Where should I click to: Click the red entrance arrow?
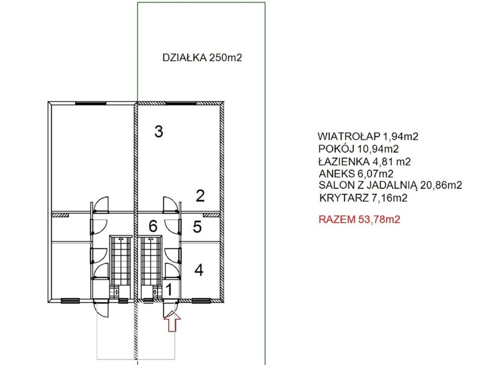click(x=172, y=321)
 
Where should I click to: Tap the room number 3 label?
click(x=159, y=132)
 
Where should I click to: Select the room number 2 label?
click(x=200, y=196)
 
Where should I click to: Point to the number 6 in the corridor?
click(x=153, y=226)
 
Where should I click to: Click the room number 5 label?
click(x=197, y=227)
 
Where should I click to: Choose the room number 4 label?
click(x=199, y=270)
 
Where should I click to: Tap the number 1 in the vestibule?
click(x=169, y=290)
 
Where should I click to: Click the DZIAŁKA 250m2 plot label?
click(x=202, y=58)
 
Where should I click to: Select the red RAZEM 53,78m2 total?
click(x=359, y=219)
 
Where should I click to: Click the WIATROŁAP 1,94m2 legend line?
click(x=368, y=137)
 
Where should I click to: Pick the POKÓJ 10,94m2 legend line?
click(x=359, y=148)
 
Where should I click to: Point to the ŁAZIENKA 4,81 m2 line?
click(x=364, y=161)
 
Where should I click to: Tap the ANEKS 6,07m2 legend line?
click(x=356, y=173)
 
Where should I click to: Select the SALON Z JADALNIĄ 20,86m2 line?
click(x=390, y=185)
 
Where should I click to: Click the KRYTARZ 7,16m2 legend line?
click(x=363, y=198)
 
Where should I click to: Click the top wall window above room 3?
click(x=181, y=103)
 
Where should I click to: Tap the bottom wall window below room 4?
click(x=201, y=301)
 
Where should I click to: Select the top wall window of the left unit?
click(x=91, y=103)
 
